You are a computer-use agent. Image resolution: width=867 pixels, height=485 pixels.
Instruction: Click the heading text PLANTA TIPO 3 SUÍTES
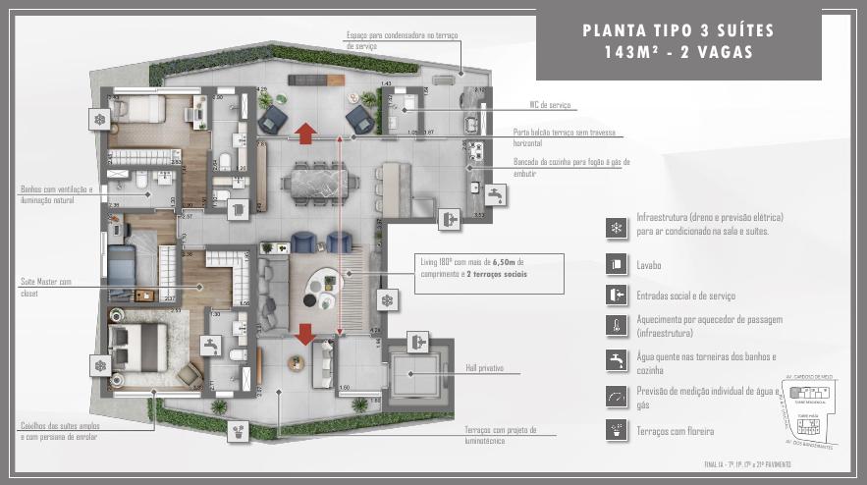(x=677, y=30)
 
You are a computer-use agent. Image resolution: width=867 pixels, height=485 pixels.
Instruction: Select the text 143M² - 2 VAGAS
(x=677, y=53)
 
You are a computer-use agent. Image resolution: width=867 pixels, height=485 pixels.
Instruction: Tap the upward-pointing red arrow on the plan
(x=305, y=133)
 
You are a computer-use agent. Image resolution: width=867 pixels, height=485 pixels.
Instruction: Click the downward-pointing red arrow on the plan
(x=305, y=332)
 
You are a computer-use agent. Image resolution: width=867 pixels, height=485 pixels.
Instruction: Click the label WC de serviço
(x=549, y=105)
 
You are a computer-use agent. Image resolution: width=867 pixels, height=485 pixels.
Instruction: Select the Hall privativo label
(x=484, y=368)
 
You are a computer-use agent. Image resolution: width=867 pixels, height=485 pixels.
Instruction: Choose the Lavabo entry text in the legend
(x=649, y=265)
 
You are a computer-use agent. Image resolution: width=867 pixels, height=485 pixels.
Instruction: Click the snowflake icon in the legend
(x=616, y=227)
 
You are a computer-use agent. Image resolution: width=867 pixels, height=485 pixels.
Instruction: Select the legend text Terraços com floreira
(x=676, y=431)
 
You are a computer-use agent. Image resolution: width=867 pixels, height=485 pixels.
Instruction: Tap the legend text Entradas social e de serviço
(x=686, y=296)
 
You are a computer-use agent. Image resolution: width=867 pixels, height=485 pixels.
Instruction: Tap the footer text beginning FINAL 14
(x=747, y=463)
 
